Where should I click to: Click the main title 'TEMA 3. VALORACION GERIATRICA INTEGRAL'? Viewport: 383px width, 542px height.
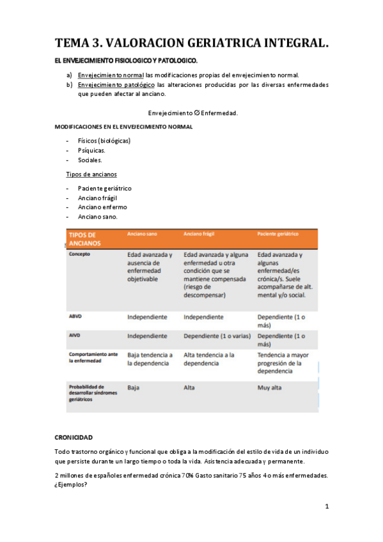(x=192, y=43)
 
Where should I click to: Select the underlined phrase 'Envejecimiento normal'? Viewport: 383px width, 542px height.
(x=110, y=75)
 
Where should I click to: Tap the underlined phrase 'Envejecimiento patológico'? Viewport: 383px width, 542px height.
(x=116, y=84)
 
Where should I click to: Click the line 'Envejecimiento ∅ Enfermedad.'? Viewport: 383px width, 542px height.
(x=192, y=112)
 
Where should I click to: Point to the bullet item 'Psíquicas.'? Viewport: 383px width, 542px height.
(x=91, y=150)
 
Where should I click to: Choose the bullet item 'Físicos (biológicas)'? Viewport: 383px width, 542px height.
(x=104, y=141)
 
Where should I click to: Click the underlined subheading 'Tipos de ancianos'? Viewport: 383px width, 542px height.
(x=91, y=174)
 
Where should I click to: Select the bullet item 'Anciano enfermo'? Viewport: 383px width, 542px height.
(x=102, y=207)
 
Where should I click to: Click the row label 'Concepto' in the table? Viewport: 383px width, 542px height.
(x=80, y=253)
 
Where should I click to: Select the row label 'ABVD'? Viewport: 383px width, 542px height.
(x=75, y=316)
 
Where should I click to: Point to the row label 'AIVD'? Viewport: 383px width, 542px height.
(x=75, y=335)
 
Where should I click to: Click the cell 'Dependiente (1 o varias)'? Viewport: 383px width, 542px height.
(x=216, y=336)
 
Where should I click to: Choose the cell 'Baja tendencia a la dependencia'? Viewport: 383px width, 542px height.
(x=150, y=359)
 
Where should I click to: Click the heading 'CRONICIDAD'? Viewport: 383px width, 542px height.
(x=74, y=437)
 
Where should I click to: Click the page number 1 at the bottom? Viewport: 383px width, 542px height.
(x=326, y=507)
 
